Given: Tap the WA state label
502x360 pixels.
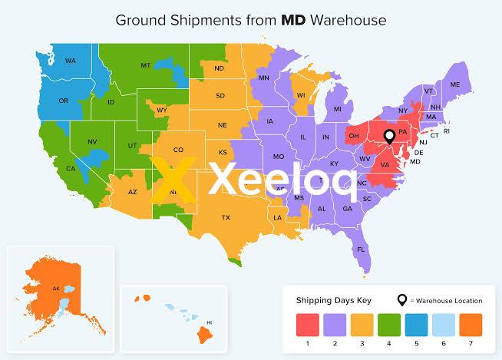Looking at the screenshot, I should tap(70, 61).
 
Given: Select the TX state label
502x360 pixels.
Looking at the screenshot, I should tap(226, 217).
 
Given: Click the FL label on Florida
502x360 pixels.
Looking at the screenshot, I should tap(360, 249).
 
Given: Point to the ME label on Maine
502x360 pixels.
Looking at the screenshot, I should tap(454, 84).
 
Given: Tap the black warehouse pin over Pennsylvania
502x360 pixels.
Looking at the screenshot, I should tap(389, 137).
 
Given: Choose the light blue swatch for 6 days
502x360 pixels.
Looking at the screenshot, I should tap(441, 323).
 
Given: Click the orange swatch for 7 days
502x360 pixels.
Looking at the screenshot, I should tap(470, 323).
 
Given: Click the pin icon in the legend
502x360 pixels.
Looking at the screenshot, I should tap(401, 300).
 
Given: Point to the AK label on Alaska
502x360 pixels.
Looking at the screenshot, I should tap(55, 289).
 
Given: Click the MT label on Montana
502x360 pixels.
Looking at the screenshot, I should tap(145, 66).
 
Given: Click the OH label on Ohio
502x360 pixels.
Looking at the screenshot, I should tap(354, 136).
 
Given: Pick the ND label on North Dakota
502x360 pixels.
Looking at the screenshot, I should tap(220, 68).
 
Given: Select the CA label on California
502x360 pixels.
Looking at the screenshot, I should tap(71, 168).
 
